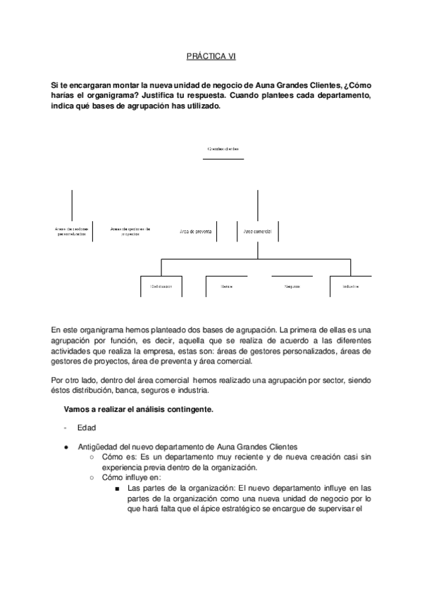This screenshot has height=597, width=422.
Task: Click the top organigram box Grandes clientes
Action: pos(223,149)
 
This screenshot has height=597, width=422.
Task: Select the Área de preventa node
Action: pos(197,230)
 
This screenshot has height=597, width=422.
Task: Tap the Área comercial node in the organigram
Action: pos(258,230)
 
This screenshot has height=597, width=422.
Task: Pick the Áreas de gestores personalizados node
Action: pos(72,231)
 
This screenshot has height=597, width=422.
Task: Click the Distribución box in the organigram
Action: pos(161,287)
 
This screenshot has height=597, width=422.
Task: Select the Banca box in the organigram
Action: pos(226,287)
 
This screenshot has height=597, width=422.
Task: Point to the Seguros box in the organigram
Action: pos(292,287)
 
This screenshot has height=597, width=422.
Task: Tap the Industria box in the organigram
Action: pos(351,287)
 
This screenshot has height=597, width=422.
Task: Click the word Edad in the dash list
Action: pos(87,427)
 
